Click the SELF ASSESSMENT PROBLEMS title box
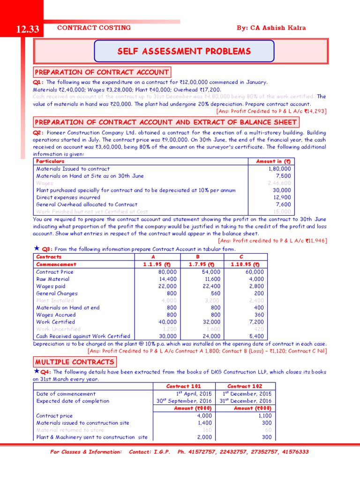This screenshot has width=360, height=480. coord(184,51)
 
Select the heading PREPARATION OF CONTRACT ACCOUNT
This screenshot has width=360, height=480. coord(102,72)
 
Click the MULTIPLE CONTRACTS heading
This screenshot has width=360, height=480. coord(75,362)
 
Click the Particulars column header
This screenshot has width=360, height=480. coord(51,161)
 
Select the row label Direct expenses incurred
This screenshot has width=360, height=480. coord(68,197)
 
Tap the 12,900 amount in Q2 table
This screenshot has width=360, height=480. coord(282,197)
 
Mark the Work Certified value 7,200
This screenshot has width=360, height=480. coord(256,322)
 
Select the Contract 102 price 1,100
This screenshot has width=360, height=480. coord(263,415)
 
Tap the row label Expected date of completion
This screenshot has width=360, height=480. coord(73,401)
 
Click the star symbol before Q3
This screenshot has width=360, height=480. coord(37,248)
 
